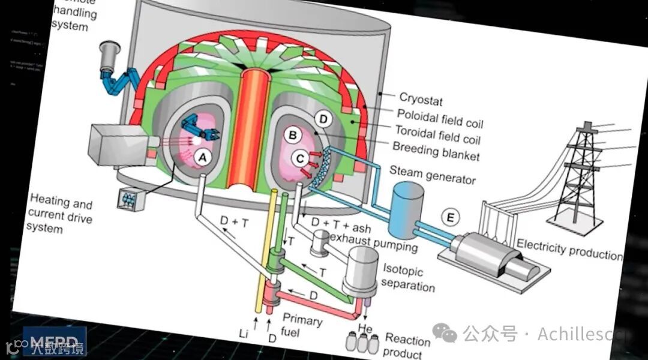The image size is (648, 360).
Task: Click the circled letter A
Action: pyautogui.click(x=202, y=157)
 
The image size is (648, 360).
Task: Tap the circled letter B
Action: pyautogui.click(x=293, y=136)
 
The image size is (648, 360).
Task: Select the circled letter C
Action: pyautogui.click(x=300, y=158)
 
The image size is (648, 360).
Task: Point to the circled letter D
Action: pyautogui.click(x=323, y=120)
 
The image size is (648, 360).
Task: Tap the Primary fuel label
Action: pyautogui.click(x=302, y=326)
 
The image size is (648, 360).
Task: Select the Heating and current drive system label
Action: pyautogui.click(x=59, y=212)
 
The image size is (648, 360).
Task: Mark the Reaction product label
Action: pyautogui.click(x=407, y=346)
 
